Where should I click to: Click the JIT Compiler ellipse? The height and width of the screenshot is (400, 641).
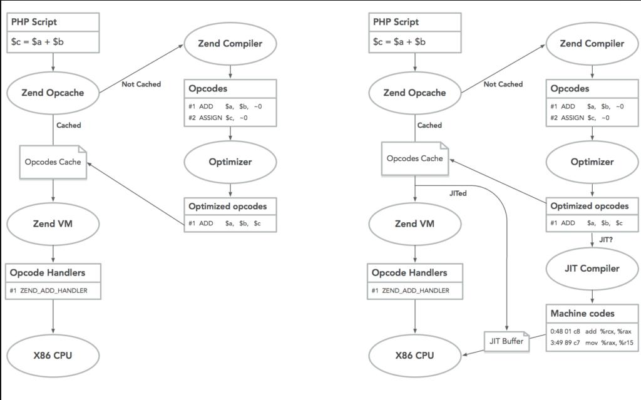tap(592, 269)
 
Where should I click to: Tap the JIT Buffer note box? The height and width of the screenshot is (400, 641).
tap(505, 341)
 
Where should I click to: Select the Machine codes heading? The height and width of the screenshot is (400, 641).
tap(582, 313)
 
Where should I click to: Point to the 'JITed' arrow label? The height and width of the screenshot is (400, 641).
tap(458, 193)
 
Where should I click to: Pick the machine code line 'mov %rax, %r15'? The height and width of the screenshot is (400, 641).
tap(592, 342)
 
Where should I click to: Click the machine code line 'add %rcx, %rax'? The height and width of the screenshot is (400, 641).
tap(592, 331)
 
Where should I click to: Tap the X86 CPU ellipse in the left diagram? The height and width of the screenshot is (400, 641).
tap(53, 356)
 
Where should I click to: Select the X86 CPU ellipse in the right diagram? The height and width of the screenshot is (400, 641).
tap(414, 356)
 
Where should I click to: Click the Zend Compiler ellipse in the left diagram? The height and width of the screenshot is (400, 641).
tap(230, 44)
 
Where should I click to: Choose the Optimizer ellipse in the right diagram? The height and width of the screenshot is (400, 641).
tap(592, 162)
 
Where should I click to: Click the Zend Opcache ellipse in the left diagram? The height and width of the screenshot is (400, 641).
tap(53, 93)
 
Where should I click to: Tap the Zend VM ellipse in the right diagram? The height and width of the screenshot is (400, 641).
tap(414, 223)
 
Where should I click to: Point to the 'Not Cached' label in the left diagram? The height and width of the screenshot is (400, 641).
tap(141, 84)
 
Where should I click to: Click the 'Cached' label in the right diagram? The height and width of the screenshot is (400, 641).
tap(429, 125)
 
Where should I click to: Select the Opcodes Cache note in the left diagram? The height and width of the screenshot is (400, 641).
tap(53, 162)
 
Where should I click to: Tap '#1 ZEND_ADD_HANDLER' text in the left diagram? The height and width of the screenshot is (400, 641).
tap(49, 290)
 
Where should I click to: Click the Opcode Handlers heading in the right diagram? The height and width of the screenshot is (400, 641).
tap(409, 272)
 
